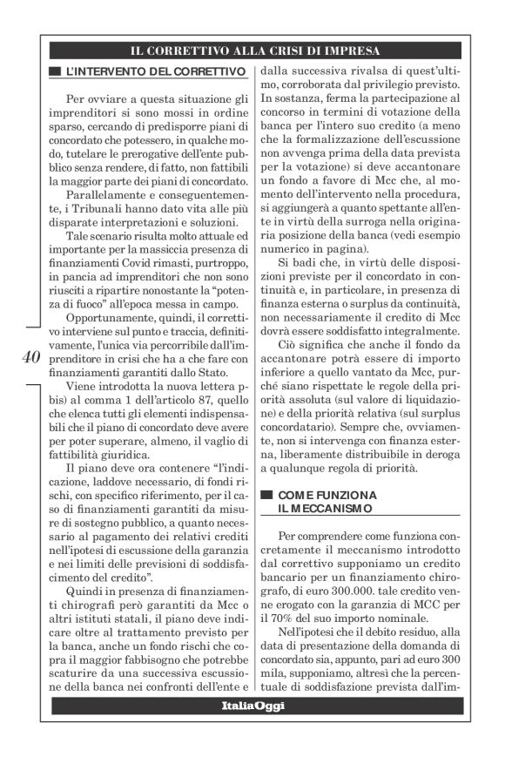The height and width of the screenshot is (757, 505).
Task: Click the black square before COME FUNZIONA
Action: point(266,493)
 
